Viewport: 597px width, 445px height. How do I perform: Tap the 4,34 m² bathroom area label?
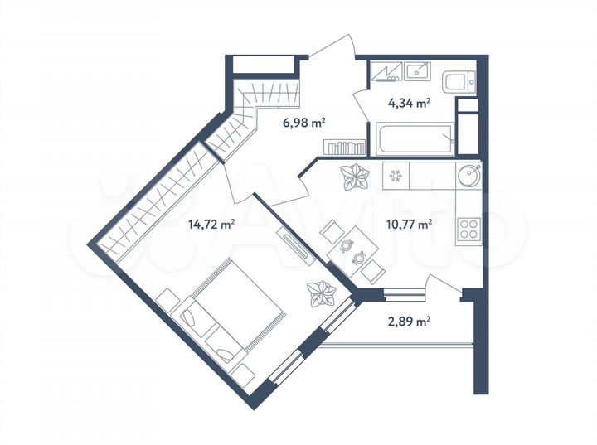[410, 104]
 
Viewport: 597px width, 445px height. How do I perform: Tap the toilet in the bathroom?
[458, 81]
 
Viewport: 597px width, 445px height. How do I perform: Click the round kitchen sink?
[470, 176]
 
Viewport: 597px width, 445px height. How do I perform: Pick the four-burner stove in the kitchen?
[468, 225]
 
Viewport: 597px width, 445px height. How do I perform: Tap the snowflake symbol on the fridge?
[396, 176]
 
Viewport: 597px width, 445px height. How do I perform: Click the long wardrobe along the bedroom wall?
[158, 202]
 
